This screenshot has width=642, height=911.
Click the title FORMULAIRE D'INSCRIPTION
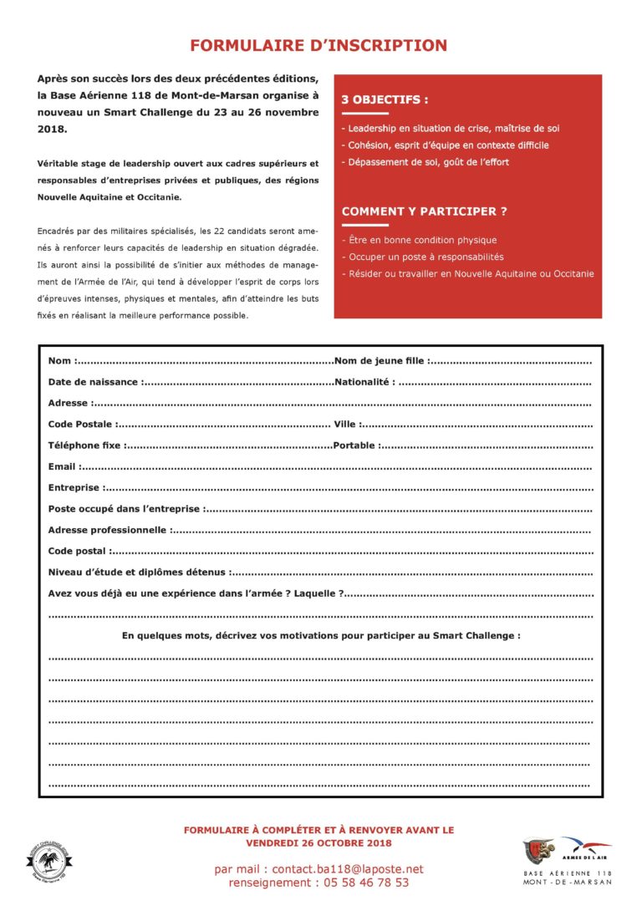[318, 46]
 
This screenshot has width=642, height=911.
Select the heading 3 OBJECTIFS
[385, 99]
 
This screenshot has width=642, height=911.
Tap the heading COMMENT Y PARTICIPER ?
[424, 211]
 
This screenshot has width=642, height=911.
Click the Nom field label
[61, 361]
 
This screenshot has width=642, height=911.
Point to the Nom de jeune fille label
[381, 361]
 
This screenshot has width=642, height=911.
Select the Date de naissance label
[94, 382]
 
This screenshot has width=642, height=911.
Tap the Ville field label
[346, 425]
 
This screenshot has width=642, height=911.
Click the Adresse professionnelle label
[108, 530]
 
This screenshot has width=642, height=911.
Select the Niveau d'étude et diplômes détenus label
[137, 573]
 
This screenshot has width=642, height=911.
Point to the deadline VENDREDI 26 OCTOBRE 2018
[318, 842]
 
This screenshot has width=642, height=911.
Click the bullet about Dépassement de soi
[425, 162]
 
